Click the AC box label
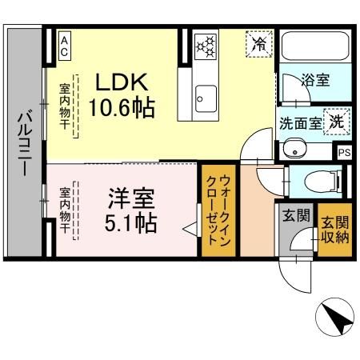pyautogui.click(x=64, y=45)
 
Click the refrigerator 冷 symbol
pyautogui.click(x=258, y=44)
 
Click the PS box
pyautogui.click(x=344, y=152)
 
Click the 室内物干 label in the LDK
pyautogui.click(x=64, y=106)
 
